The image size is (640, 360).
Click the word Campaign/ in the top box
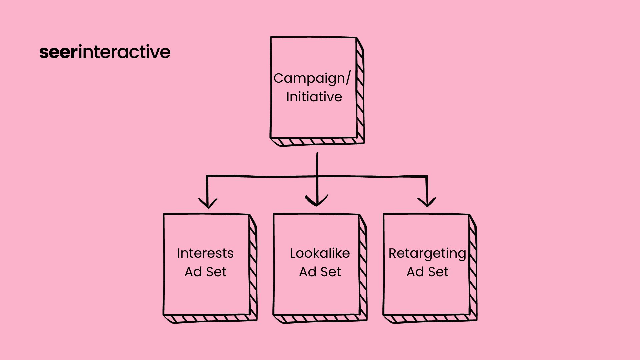pos(312,79)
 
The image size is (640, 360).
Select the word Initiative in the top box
pos(314,97)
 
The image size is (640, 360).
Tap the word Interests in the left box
pos(205,253)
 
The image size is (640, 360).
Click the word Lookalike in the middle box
pos(320,253)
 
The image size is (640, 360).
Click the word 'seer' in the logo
pos(58,52)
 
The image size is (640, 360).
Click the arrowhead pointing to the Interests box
pos(208,203)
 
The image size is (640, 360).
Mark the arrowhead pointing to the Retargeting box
pos(427,202)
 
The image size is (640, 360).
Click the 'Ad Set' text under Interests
pos(205,272)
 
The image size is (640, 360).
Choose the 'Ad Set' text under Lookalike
pos(320,272)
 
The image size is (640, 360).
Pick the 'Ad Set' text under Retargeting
pos(427,272)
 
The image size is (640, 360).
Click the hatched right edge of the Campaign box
pos(360,90)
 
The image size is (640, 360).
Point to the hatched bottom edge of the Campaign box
pos(317,142)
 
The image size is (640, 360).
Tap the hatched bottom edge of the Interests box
pos(210,319)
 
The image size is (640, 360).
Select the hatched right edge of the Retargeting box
pos(473,267)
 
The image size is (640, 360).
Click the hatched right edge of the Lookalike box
pos(363,267)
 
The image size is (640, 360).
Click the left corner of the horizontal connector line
pos(207,176)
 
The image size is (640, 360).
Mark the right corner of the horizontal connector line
pos(427,177)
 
